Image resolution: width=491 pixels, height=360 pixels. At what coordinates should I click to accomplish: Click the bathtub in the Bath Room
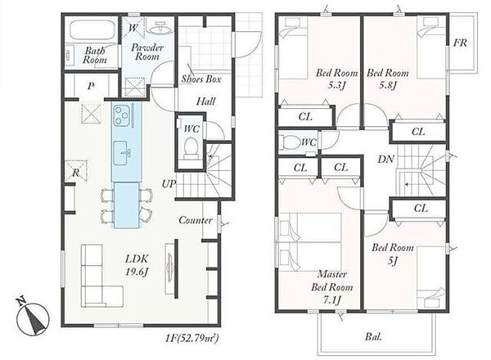92,30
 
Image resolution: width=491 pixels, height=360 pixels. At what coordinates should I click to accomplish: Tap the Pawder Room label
147,52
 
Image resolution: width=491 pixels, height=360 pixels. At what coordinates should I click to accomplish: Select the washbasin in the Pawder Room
160,28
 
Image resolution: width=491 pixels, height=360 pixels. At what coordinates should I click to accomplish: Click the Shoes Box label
201,79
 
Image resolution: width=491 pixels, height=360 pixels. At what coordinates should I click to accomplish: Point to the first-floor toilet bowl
191,147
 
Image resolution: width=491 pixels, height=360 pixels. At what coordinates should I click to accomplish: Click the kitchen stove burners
121,115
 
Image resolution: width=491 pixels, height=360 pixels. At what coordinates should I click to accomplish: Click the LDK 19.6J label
137,265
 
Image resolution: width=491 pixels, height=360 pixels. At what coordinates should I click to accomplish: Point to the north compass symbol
33,317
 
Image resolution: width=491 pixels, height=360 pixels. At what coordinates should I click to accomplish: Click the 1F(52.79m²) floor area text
191,338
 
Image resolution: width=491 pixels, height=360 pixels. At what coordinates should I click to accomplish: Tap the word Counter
196,220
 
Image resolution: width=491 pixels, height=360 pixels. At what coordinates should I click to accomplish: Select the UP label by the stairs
169,184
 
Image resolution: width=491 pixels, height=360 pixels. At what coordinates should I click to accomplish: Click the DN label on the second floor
385,159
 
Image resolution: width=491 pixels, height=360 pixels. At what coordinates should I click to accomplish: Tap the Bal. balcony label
374,337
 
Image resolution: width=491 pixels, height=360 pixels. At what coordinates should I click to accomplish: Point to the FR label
460,43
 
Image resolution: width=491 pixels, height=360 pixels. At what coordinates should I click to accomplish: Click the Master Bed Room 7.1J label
332,287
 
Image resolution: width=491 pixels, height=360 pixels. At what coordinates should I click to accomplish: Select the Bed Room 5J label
393,254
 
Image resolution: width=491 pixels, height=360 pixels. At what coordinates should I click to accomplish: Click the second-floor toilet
291,142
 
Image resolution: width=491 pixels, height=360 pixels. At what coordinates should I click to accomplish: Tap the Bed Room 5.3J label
336,79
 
